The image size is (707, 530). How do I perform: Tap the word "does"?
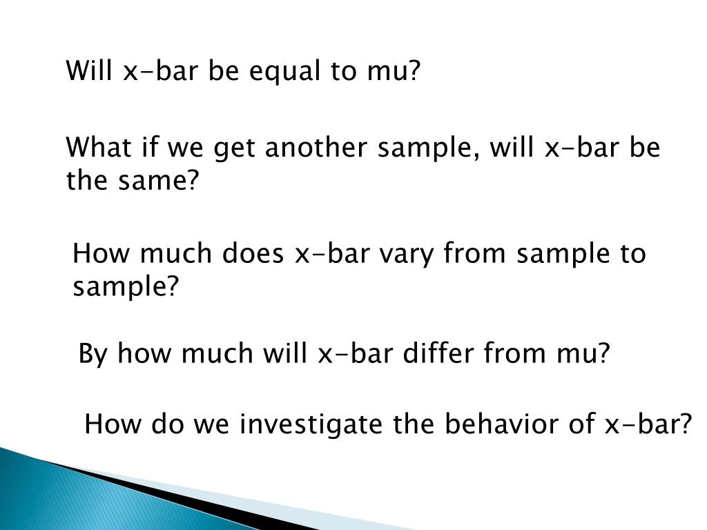click(x=253, y=253)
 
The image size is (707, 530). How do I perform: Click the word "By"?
click(x=93, y=354)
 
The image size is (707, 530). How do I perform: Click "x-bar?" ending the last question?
click(x=648, y=424)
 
